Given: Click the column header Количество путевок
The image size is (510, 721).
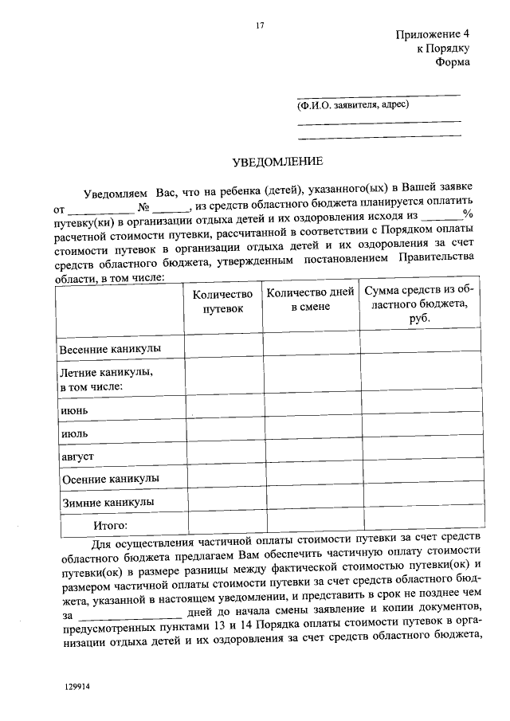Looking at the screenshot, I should pyautogui.click(x=222, y=301).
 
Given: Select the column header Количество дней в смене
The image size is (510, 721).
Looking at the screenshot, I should pyautogui.click(x=310, y=300).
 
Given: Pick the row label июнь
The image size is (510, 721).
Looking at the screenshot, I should pyautogui.click(x=75, y=410).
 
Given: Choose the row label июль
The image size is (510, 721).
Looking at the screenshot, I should pyautogui.click(x=75, y=433).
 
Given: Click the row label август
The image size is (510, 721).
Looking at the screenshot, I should pyautogui.click(x=78, y=457).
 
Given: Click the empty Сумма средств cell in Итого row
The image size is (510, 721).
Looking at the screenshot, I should pyautogui.click(x=422, y=526).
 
